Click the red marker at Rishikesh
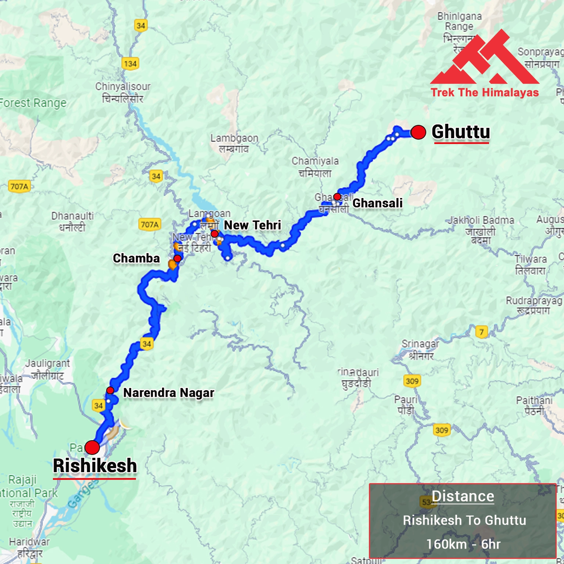tap(92, 448)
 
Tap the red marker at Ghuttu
tap(418, 132)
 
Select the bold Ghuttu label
tap(461, 132)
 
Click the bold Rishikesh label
tap(95, 466)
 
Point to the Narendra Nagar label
tap(169, 393)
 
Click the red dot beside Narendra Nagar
tap(110, 390)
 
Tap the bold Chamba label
tap(136, 258)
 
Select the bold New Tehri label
tap(252, 225)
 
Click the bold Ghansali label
tap(377, 203)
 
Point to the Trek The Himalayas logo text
tap(485, 92)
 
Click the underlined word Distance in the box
tap(463, 496)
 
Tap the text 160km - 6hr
tap(463, 544)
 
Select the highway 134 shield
tap(130, 64)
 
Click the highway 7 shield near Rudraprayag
tap(481, 332)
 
